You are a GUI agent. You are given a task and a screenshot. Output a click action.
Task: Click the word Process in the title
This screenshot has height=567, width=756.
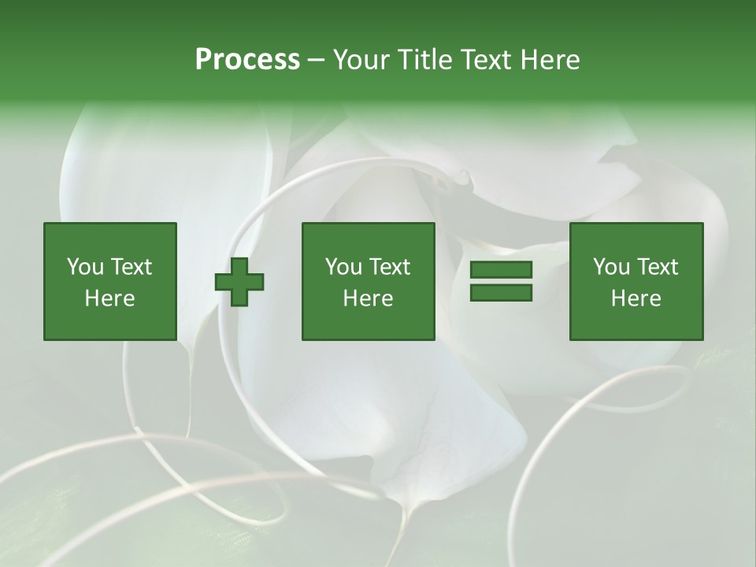[x=247, y=60]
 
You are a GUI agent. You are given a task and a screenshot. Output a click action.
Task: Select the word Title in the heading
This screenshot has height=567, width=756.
[x=423, y=60]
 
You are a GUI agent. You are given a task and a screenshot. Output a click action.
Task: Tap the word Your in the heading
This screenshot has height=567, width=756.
[x=361, y=60]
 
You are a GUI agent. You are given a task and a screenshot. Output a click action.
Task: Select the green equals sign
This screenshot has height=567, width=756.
[x=501, y=281]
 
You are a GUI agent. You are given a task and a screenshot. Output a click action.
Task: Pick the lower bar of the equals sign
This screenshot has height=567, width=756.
[x=501, y=292]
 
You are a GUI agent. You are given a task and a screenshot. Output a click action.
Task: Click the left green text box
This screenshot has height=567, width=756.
[x=110, y=281]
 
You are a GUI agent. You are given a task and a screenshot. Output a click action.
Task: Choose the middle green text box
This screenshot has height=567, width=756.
[x=369, y=281]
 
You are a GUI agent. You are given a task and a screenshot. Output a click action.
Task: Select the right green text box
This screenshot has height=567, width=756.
[x=636, y=281]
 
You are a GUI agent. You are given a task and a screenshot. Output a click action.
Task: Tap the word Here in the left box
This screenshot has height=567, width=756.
[x=110, y=298]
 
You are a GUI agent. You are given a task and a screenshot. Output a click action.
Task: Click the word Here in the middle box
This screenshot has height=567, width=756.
[x=369, y=298]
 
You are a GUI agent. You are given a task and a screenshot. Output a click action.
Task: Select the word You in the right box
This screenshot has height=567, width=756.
[x=611, y=267]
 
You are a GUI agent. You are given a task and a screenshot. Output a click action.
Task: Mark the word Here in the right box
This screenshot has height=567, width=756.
[x=636, y=298]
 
